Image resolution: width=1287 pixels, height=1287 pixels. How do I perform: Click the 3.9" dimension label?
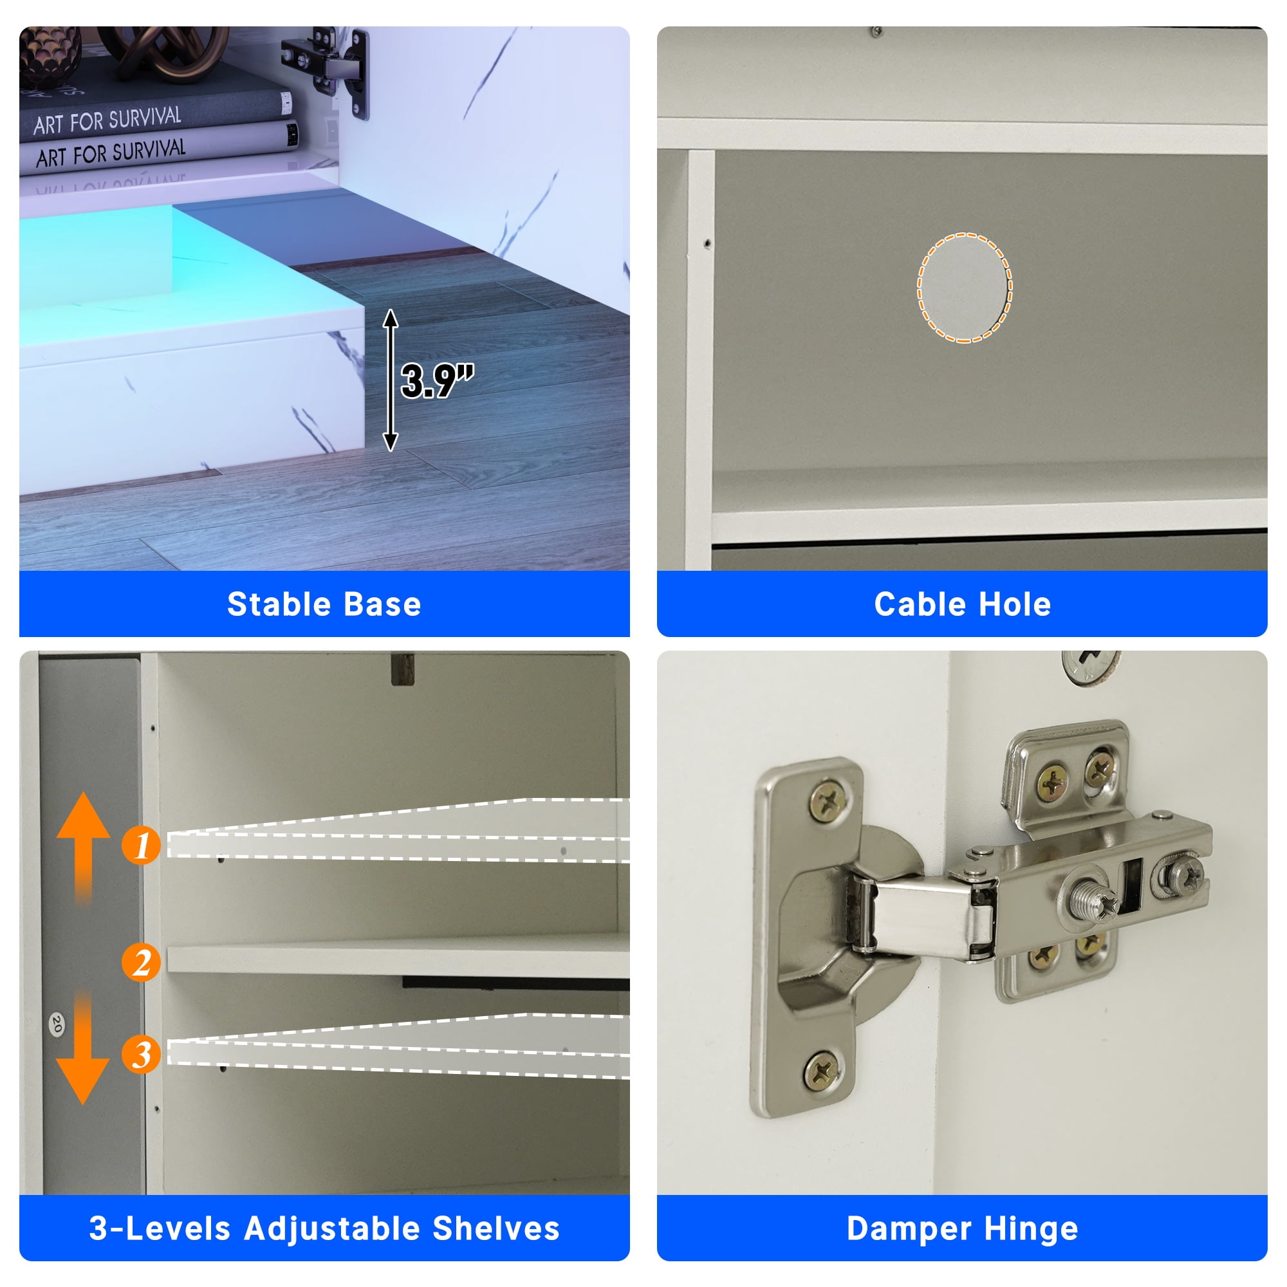[x=437, y=381]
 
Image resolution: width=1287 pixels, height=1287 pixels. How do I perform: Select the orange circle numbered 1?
[x=141, y=846]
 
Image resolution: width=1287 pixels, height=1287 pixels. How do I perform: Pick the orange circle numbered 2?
[x=141, y=962]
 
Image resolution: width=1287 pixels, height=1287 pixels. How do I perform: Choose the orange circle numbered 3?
[x=141, y=1054]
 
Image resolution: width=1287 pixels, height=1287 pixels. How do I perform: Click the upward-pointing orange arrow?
[x=83, y=846]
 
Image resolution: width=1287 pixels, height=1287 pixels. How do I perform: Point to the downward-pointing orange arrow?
[x=83, y=1047]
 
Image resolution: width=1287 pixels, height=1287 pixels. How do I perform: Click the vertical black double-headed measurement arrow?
[x=391, y=380]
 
